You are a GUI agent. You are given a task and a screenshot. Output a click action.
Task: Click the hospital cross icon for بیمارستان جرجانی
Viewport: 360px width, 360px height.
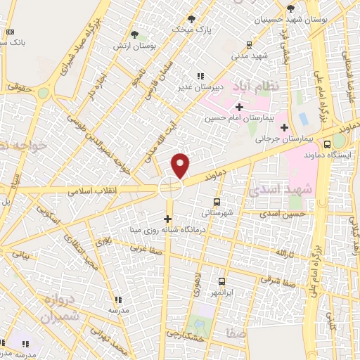tap(284, 127)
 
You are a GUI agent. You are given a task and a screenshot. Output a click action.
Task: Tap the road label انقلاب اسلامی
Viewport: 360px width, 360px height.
tap(94, 191)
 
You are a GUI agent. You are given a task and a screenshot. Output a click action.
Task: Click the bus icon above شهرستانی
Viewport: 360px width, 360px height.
tap(216, 201)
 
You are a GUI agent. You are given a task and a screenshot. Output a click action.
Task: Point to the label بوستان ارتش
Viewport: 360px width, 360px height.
tap(133, 45)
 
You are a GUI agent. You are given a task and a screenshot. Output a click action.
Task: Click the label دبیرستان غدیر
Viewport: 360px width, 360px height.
tap(199, 87)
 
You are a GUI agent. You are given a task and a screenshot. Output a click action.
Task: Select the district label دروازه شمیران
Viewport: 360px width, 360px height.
tap(53, 307)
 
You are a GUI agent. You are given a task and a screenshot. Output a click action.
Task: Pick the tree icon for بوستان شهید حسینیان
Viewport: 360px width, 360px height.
tap(290, 8)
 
